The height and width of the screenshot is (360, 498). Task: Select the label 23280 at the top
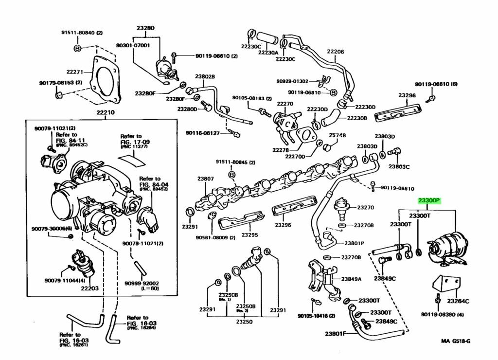(145, 28)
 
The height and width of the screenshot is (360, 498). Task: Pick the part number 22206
(335, 52)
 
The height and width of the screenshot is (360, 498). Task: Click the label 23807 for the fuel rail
(205, 179)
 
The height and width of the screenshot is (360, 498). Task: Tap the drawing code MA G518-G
(455, 341)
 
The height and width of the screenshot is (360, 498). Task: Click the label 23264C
(458, 301)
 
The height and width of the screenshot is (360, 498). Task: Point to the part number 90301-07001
(133, 45)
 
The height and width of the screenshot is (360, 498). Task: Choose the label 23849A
(351, 279)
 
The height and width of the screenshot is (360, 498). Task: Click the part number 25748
(337, 135)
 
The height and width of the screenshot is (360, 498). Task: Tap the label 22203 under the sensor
(89, 288)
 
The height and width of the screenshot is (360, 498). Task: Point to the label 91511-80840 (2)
(82, 33)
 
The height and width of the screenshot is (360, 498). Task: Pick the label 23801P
(355, 243)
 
